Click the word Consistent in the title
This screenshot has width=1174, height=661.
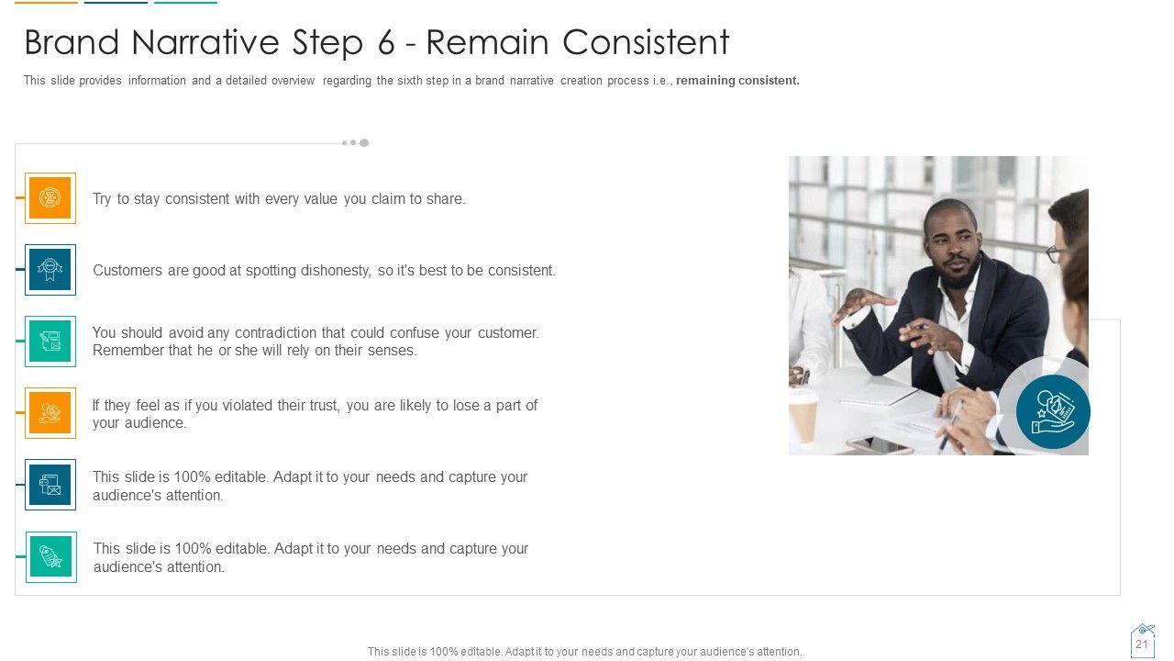coord(645,42)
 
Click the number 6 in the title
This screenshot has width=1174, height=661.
coord(386,42)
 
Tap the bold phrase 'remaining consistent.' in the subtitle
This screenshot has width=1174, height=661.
coord(737,80)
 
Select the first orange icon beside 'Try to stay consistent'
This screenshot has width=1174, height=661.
coord(50,197)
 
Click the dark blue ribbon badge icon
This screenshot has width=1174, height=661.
coord(50,270)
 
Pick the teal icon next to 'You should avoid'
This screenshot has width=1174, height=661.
coord(50,342)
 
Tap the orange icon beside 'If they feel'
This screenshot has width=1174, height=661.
coord(50,413)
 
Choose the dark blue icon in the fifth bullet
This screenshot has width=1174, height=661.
coord(50,485)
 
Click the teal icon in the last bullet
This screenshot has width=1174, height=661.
coord(50,556)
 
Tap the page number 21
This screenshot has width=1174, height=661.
coord(1142,644)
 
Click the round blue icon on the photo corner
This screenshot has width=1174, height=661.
coord(1052,412)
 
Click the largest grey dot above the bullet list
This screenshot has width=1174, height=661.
coord(364,142)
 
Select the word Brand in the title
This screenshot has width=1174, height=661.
coord(72,42)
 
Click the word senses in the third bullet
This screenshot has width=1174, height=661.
coord(392,351)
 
